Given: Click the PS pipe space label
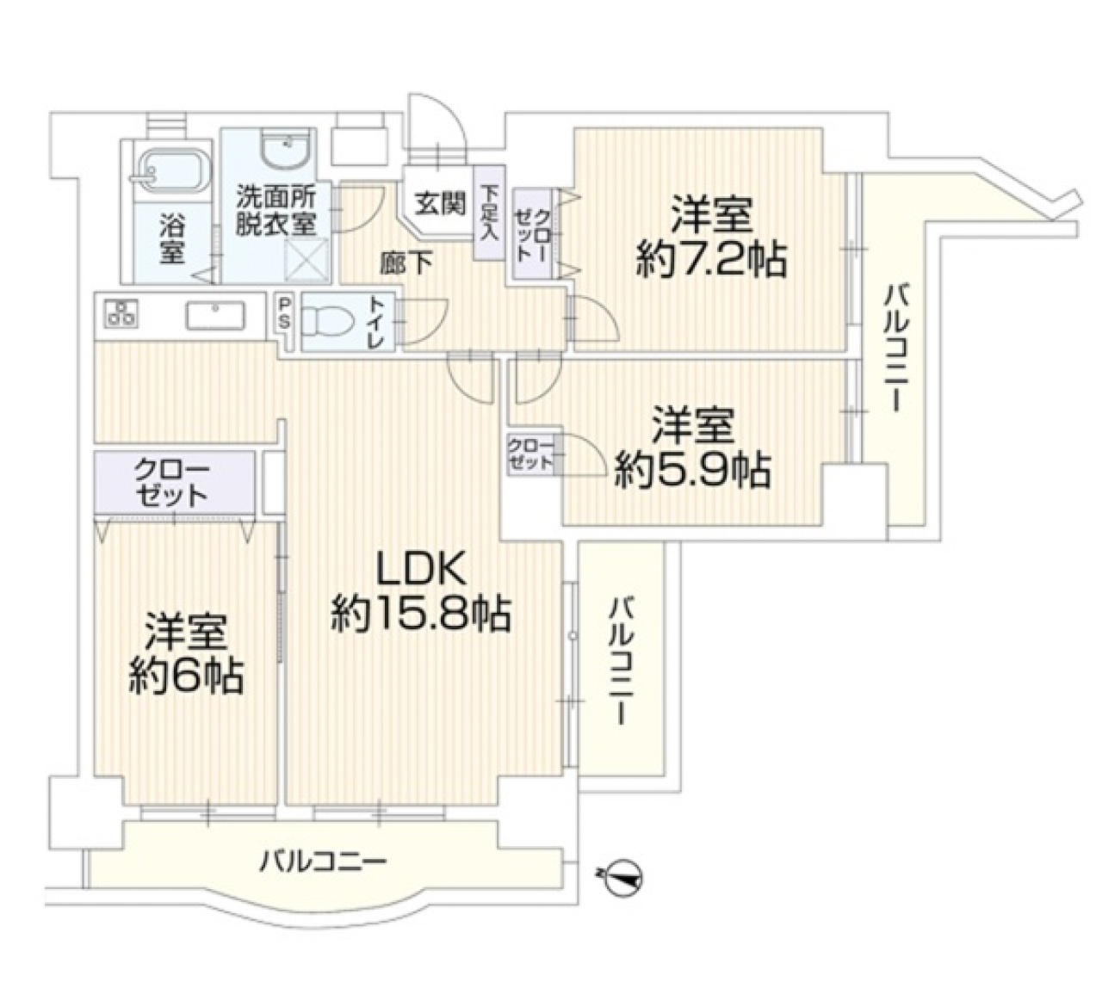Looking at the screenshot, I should tap(285, 315).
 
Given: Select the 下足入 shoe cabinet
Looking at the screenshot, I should tap(489, 213).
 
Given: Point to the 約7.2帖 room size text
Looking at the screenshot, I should tap(711, 258).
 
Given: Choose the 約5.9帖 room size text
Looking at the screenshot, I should tap(692, 469).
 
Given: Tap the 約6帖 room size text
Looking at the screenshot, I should tap(186, 676).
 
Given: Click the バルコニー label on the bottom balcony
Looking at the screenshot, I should tap(324, 860).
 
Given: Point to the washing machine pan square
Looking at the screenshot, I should tap(308, 259).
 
